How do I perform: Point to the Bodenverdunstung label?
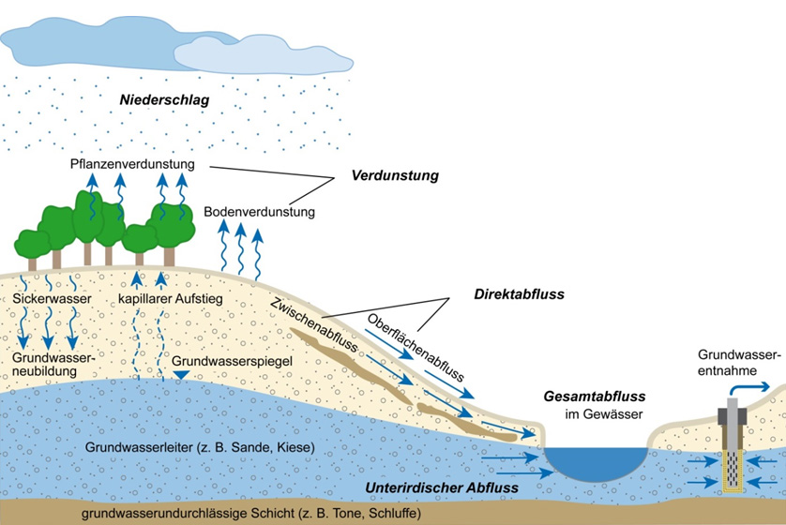point(259,212)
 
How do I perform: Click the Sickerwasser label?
point(53,300)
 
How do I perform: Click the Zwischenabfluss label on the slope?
point(312,332)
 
